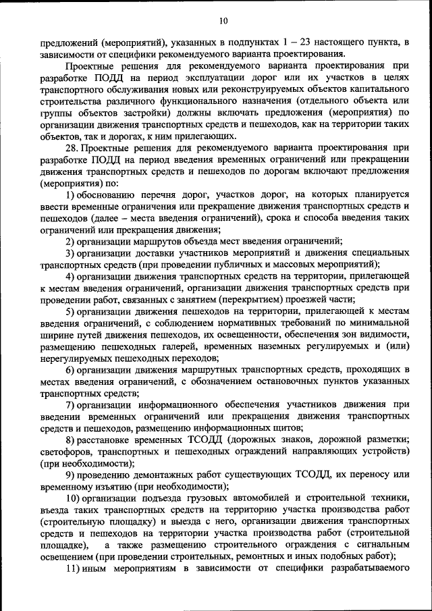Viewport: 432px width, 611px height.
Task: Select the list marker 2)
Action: pos(70,241)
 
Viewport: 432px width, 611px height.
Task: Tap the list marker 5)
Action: pos(70,311)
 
